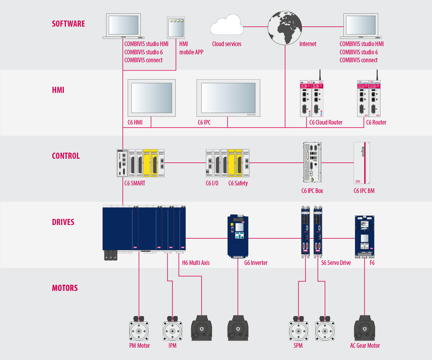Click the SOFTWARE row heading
pyautogui.click(x=68, y=24)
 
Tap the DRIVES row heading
pyautogui.click(x=63, y=222)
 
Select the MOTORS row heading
pyautogui.click(x=65, y=288)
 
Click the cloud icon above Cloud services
pyautogui.click(x=227, y=25)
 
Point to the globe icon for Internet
pyautogui.click(x=285, y=28)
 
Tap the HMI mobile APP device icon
pyautogui.click(x=176, y=28)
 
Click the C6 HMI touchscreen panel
pyautogui.click(x=152, y=98)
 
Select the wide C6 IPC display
pyautogui.click(x=228, y=98)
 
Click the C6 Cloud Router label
pyautogui.click(x=326, y=122)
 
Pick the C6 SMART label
pyautogui.click(x=135, y=183)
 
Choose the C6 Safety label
pyautogui.click(x=238, y=183)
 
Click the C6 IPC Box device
pyautogui.click(x=312, y=162)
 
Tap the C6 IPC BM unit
pyautogui.click(x=362, y=163)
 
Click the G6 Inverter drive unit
pyautogui.click(x=238, y=236)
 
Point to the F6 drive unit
pyautogui.click(x=365, y=237)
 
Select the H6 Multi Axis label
pyautogui.click(x=196, y=263)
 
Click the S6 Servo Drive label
pyautogui.click(x=336, y=263)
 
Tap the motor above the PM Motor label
pyautogui.click(x=139, y=329)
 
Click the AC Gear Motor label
pyautogui.click(x=365, y=346)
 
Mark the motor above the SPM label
pyautogui.click(x=298, y=329)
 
